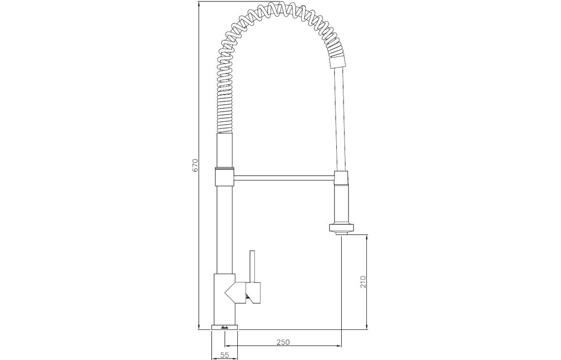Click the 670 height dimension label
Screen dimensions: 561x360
pyautogui.click(x=195, y=165)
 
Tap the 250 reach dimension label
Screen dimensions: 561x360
pyautogui.click(x=283, y=342)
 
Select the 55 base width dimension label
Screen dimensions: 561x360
pyautogui.click(x=224, y=355)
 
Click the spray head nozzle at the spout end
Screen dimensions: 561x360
pyautogui.click(x=341, y=229)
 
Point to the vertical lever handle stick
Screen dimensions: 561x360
pyautogui.click(x=252, y=265)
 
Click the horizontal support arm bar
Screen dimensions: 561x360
pyautogui.click(x=284, y=177)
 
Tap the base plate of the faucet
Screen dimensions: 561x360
pyautogui.click(x=224, y=327)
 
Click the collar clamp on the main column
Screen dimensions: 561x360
pyautogui.click(x=224, y=177)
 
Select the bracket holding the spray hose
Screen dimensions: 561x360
pyautogui.click(x=341, y=178)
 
